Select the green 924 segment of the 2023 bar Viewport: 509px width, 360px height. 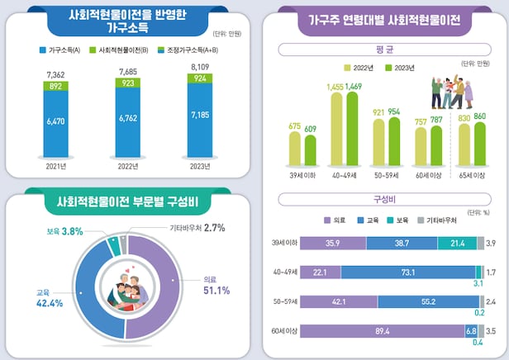click(x=200, y=78)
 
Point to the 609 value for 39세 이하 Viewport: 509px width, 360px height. click(x=311, y=129)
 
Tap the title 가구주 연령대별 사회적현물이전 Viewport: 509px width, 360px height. click(x=383, y=17)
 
